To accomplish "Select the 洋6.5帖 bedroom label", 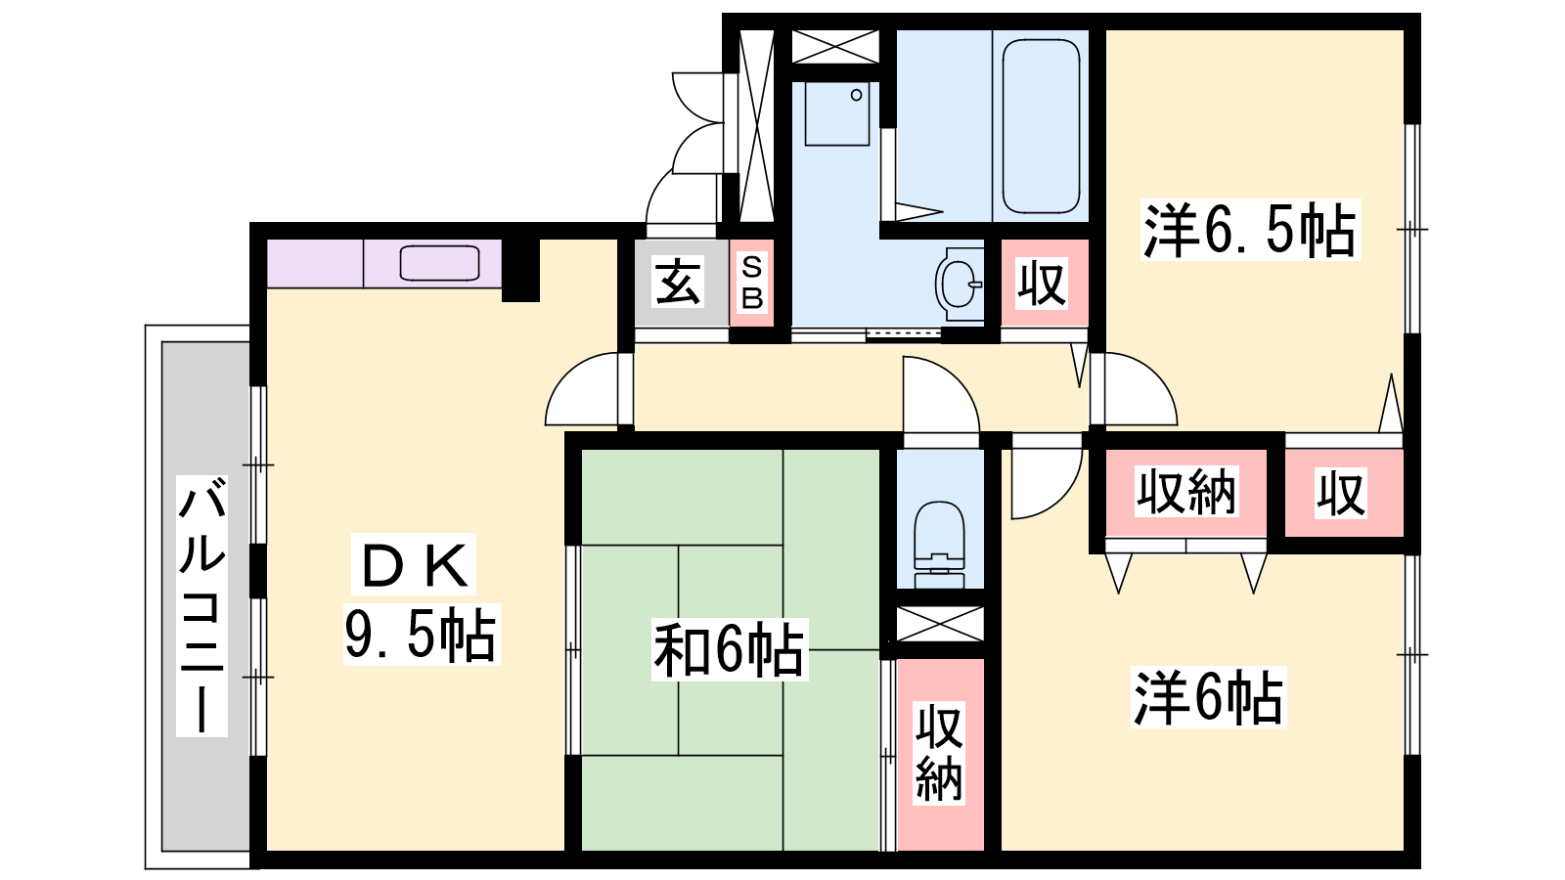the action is click(1250, 230).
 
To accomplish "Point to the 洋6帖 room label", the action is click(1208, 698).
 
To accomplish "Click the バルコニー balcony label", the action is click(201, 606).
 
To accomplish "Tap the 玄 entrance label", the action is click(677, 282).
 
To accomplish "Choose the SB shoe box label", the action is click(752, 283).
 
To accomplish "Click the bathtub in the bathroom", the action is click(1041, 126).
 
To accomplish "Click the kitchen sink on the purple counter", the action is click(439, 263).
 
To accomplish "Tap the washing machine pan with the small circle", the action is click(837, 113).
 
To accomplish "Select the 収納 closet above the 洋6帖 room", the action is click(1186, 493).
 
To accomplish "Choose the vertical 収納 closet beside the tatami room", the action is click(940, 754).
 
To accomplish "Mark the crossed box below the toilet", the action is click(940, 624).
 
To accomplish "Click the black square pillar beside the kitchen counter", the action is click(520, 270).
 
